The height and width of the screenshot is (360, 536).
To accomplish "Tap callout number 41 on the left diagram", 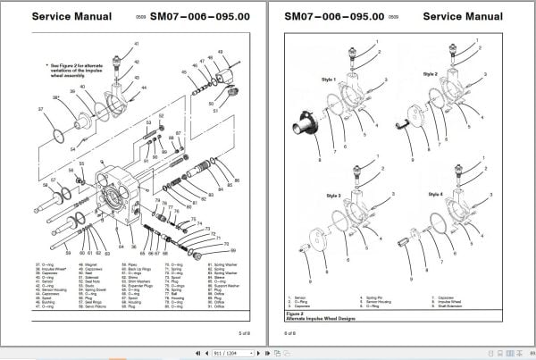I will pyautogui.click(x=137, y=44).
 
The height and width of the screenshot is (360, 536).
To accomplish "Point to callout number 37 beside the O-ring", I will pyautogui.click(x=40, y=108).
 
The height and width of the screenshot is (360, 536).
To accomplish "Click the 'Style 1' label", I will pyautogui.click(x=328, y=80).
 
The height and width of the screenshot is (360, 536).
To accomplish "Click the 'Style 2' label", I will pyautogui.click(x=431, y=73).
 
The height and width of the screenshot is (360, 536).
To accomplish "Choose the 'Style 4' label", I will pyautogui.click(x=435, y=194).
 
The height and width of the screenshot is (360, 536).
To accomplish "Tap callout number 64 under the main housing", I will pyautogui.click(x=121, y=247).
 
